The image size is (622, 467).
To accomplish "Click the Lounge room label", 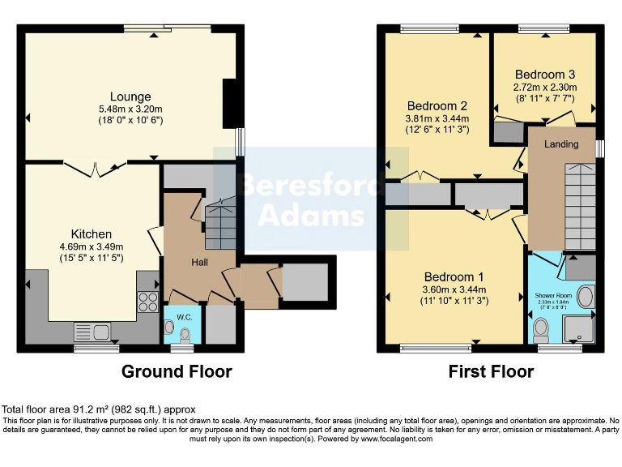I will click(130, 97).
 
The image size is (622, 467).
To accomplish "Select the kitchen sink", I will click(92, 330).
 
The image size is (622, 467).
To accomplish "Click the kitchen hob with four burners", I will click(148, 302).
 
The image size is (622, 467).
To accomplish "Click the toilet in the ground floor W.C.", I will click(186, 334).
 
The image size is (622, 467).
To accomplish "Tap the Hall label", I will click(200, 262).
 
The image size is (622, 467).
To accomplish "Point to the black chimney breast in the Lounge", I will click(230, 102).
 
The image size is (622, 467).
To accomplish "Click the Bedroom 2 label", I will click(437, 106).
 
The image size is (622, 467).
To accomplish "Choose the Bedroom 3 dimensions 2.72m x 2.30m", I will click(544, 88).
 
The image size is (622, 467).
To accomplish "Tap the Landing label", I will click(561, 144).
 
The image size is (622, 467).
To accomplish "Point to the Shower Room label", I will click(553, 296).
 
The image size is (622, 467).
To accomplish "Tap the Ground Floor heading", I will click(177, 372).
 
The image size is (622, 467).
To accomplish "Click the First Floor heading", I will click(491, 372).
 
